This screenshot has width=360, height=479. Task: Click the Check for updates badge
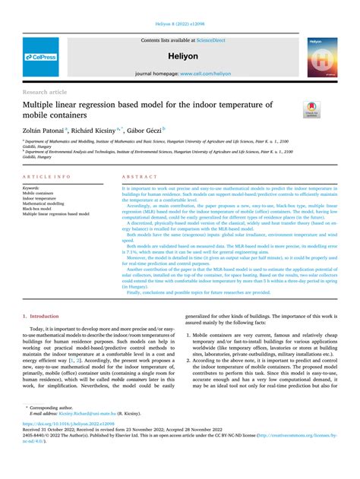311,109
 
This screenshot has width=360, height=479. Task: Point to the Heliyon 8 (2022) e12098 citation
179,24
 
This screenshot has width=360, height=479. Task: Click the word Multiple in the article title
42,104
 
